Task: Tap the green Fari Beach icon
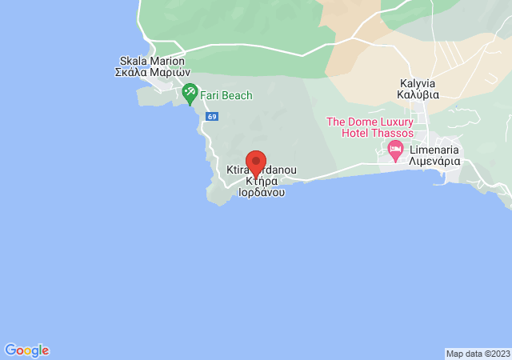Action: click(190, 94)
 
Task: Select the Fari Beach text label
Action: click(226, 96)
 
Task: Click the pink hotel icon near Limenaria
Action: click(394, 149)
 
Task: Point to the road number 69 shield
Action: click(211, 116)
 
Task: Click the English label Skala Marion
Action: click(152, 61)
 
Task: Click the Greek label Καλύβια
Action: click(420, 94)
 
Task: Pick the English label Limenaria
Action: click(434, 149)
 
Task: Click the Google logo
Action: click(26, 350)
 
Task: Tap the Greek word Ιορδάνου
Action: click(262, 193)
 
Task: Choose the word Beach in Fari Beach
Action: click(237, 96)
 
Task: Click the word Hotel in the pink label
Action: click(356, 133)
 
